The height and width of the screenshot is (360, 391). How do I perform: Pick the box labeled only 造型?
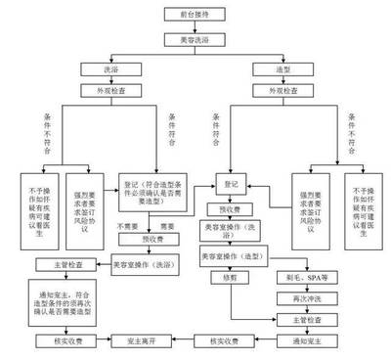pos(272,69)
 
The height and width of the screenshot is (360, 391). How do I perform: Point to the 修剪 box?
pos(232,277)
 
